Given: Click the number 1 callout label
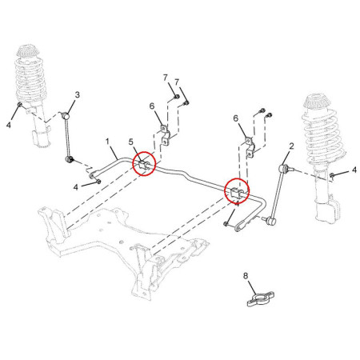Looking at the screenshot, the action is pos(107,142).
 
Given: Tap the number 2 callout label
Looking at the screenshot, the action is pos(291,146).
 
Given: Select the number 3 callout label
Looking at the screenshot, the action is pos(77,94).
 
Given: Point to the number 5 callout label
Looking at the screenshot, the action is pos(130,142).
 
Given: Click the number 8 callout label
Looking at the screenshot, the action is pos(246,276).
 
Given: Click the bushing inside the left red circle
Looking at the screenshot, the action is pos(144,166).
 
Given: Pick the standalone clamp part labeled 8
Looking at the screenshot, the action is pos(260,299).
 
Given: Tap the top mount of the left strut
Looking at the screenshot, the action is pos(27,51).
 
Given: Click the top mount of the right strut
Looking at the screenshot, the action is pos(316,102).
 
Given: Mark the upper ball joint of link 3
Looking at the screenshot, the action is pos(66,116).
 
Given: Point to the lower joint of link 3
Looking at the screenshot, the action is pos(69,159).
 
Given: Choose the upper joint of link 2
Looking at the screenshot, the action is pos(283,168).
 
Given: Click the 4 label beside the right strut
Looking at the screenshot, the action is pos(354,170).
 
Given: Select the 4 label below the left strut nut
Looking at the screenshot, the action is pos(9,124).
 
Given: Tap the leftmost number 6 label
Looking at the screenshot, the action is pos(152,106).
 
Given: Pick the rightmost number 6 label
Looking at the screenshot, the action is pos(236,118).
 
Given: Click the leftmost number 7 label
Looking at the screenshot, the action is pos(166,78).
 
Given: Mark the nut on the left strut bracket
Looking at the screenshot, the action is pos(19,104).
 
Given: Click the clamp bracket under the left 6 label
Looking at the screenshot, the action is pos(166,134).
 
